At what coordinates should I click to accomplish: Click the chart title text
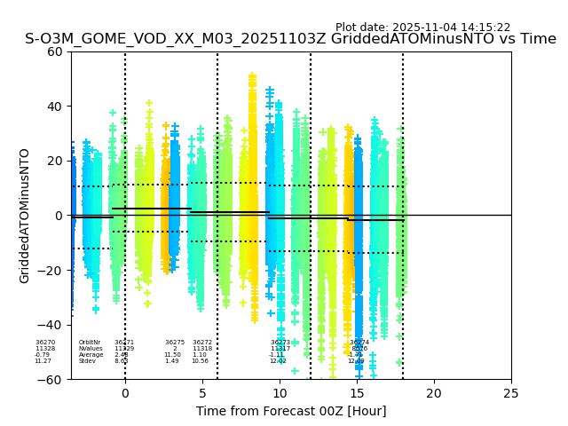pyautogui.click(x=290, y=39)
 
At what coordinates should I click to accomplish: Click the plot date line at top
pyautogui.click(x=422, y=28)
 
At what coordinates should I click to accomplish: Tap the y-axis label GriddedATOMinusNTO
pyautogui.click(x=25, y=216)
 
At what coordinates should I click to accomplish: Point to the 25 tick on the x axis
pyautogui.click(x=511, y=393)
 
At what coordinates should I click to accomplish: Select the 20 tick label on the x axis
pyautogui.click(x=434, y=393)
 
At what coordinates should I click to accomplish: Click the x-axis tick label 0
pyautogui.click(x=125, y=393)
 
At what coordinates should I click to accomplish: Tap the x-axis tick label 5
pyautogui.click(x=202, y=393)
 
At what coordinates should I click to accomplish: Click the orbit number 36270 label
pyautogui.click(x=45, y=343)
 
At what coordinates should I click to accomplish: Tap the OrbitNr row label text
pyautogui.click(x=90, y=343)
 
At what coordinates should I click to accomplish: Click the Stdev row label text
pyautogui.click(x=87, y=361)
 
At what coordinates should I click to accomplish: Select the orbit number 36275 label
pyautogui.click(x=175, y=343)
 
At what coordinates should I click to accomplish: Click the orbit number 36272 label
pyautogui.click(x=202, y=343)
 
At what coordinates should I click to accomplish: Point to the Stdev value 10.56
pyautogui.click(x=200, y=361)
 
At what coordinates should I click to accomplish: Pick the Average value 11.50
pyautogui.click(x=172, y=355)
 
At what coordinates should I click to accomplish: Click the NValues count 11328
pyautogui.click(x=45, y=349)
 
